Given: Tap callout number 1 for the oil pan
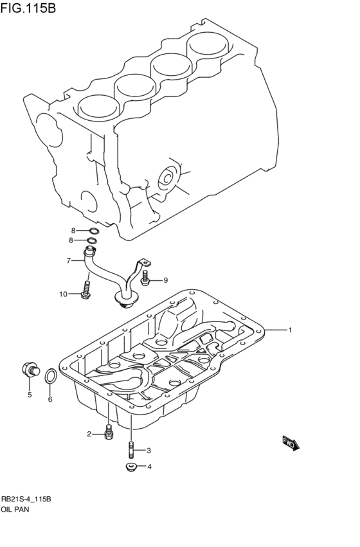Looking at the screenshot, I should tap(290, 330).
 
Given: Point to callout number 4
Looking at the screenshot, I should tap(149, 467).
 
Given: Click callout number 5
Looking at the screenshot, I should tap(29, 395).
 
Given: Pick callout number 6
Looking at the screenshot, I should tap(50, 399).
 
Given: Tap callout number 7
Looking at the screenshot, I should tap(67, 260).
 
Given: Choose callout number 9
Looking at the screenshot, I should tap(165, 280).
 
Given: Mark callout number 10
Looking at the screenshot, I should tap(64, 294).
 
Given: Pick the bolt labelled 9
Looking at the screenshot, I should tap(147, 278).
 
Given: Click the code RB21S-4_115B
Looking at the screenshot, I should tap(26, 499).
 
